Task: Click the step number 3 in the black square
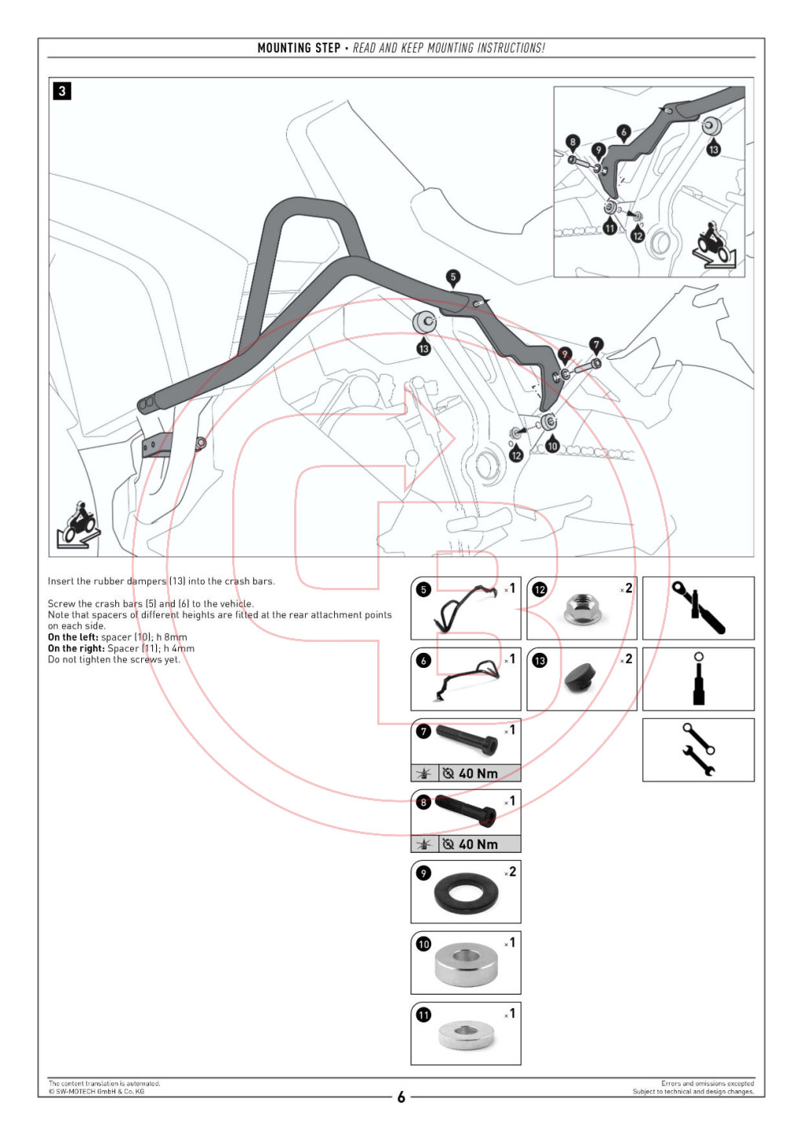click(x=62, y=91)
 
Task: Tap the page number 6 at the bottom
click(x=401, y=1097)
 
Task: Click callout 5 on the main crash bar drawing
click(x=453, y=277)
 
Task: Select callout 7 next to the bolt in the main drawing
click(x=596, y=346)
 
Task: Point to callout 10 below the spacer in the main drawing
click(x=552, y=445)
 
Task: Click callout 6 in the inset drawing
click(x=623, y=132)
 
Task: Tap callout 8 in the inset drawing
click(x=572, y=142)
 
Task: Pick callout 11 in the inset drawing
click(x=609, y=227)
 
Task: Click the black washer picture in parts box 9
click(x=466, y=893)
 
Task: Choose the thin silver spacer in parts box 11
click(x=466, y=1035)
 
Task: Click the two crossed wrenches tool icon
click(x=699, y=750)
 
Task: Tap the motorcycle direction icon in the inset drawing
click(x=714, y=245)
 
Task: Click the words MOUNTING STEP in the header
click(x=299, y=48)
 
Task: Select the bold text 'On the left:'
click(x=73, y=637)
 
